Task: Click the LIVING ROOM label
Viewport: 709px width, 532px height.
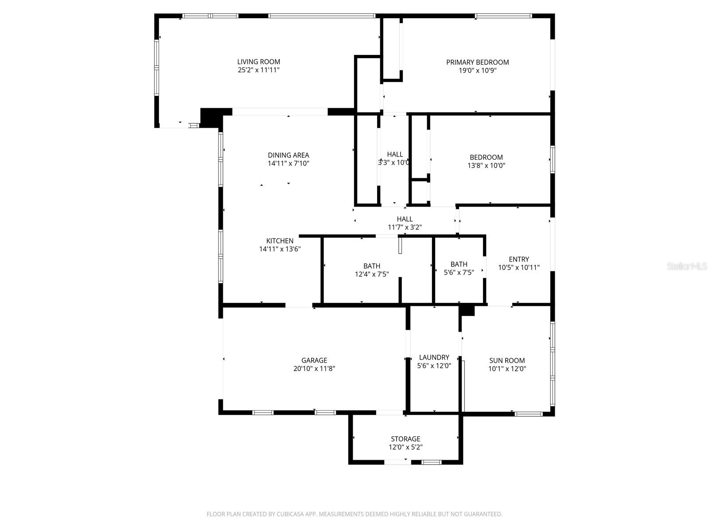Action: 258,62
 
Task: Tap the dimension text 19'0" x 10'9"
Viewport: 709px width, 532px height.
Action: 477,70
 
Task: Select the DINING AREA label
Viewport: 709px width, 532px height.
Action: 288,155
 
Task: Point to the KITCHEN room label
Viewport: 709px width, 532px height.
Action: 280,241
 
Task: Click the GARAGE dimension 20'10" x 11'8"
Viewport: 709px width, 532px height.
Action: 314,368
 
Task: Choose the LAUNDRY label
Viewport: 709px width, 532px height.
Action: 434,357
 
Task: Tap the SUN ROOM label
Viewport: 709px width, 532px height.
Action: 507,360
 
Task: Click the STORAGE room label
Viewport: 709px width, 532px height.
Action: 405,439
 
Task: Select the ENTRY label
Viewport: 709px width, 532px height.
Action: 518,259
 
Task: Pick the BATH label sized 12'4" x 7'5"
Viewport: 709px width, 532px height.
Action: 371,266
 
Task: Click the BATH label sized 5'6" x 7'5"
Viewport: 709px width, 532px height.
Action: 459,264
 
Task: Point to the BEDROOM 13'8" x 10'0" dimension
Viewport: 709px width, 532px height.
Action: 486,165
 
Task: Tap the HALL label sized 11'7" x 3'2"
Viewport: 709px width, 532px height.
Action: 405,219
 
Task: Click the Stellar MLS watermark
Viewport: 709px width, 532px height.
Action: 687,266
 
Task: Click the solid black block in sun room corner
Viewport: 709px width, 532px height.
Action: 467,310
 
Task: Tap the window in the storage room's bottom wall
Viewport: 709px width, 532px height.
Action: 431,462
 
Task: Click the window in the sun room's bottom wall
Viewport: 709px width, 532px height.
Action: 528,414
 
